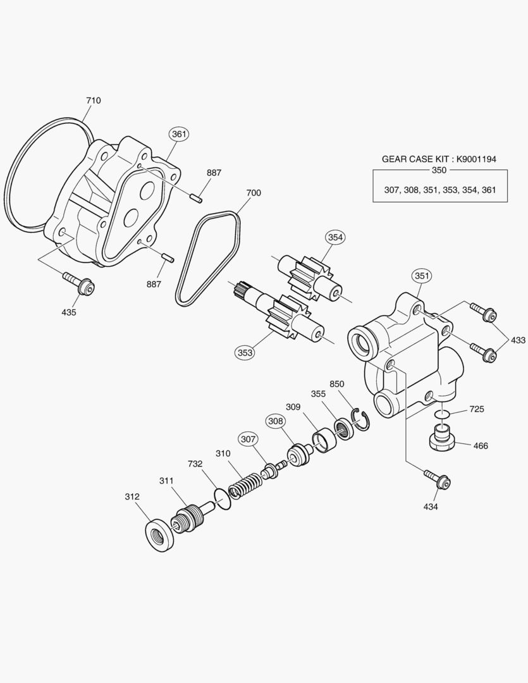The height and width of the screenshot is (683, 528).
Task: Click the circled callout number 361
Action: click(x=179, y=133)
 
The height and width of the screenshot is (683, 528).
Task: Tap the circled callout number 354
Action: click(x=335, y=237)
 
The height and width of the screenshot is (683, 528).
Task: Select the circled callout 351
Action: click(x=422, y=276)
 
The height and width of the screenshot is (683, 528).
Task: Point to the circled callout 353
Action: click(x=245, y=352)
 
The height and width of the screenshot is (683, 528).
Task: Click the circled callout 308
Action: click(x=275, y=421)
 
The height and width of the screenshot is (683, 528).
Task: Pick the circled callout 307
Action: click(x=248, y=438)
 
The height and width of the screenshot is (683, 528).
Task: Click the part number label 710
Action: click(x=93, y=101)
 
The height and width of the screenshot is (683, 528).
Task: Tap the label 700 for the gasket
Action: click(x=253, y=192)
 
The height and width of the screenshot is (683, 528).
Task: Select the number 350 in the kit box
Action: click(x=439, y=170)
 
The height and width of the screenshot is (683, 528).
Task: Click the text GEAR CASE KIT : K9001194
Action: click(x=439, y=159)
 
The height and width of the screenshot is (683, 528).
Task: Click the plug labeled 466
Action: click(x=442, y=438)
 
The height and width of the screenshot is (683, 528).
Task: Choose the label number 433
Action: click(x=518, y=340)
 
